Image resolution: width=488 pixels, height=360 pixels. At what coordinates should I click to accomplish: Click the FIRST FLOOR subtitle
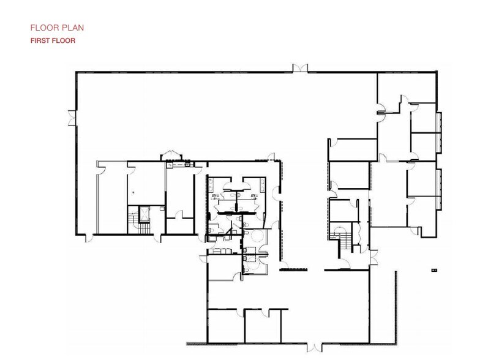pos(53,41)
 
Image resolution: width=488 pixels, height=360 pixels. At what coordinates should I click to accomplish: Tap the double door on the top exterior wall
pos(301,69)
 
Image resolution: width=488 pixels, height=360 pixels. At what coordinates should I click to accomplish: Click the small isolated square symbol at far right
pos(434,269)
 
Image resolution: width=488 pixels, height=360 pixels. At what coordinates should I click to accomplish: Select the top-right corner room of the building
pos(408,86)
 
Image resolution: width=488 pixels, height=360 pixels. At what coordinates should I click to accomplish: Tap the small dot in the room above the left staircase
pos(133,192)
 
